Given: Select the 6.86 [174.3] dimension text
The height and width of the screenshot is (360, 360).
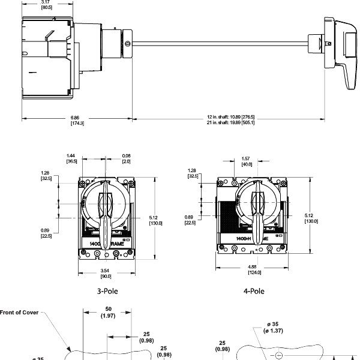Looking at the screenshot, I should point(77,120).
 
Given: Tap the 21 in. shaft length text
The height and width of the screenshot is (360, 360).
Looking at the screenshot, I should point(230,122).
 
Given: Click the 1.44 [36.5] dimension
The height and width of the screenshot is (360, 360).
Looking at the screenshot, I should point(71,158).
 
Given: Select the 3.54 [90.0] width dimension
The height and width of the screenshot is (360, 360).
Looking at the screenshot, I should point(106,274).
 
